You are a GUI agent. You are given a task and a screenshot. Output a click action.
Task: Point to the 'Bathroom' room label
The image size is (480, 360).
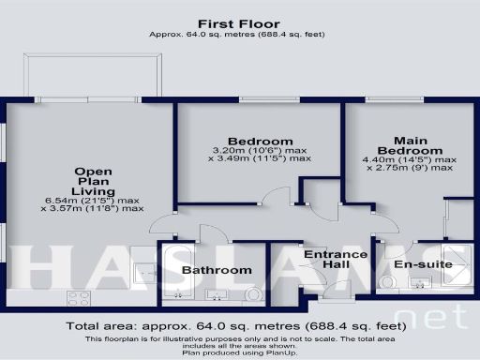point(217,270)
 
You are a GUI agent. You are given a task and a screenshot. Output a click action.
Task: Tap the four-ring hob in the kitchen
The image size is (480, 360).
point(79,298)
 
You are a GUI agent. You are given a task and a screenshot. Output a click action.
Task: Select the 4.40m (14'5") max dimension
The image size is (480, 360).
point(409,160)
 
